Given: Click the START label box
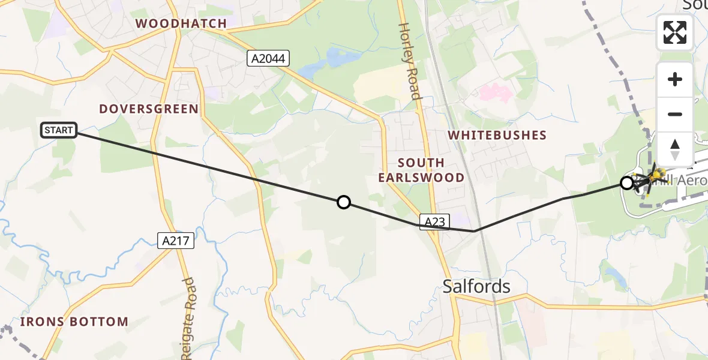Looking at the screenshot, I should tap(59, 130).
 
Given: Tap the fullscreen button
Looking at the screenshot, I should tap(675, 32).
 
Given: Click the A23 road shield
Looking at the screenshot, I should tap(434, 222).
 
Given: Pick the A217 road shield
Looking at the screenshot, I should tap(176, 241).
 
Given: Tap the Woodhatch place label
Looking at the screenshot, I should tap(181, 24).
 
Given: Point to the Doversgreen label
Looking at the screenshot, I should tap(149, 109).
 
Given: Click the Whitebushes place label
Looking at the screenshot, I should tap(498, 135).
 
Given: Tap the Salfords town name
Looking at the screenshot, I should tap(476, 286).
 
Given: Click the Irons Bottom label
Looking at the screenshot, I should tap(74, 322).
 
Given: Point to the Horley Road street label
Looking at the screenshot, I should tap(410, 61).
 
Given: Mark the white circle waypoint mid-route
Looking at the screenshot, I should tap(344, 202).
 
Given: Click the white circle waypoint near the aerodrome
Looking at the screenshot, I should tap(626, 183).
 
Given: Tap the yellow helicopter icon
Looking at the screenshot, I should tap(656, 176).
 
